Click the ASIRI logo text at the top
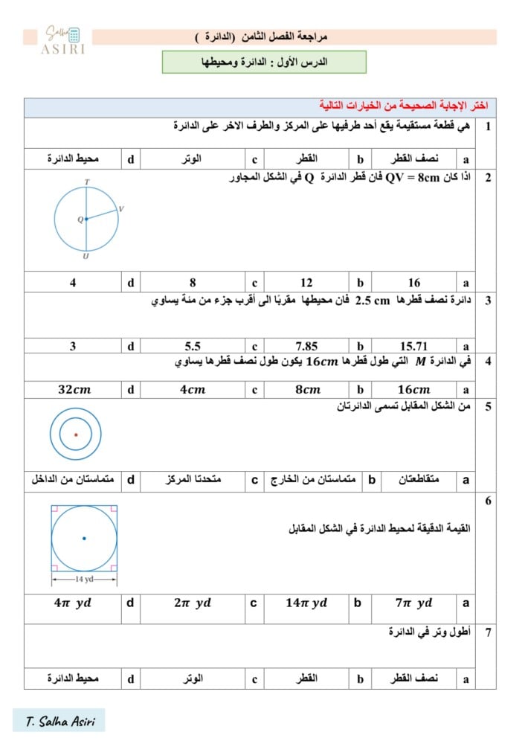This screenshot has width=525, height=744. pos(63,48)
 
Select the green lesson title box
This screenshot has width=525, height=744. pos(264,62)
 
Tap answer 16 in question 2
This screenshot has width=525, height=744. pos(414,283)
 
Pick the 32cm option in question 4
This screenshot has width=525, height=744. pos(74,389)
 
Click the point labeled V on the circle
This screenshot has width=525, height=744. pos(120,209)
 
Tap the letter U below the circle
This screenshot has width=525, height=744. pos(86,256)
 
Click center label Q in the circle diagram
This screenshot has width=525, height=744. pos(80,219)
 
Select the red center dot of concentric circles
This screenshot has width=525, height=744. pos(76,434)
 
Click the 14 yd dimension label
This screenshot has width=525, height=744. pos(83,578)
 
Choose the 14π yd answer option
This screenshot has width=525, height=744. pos(306,603)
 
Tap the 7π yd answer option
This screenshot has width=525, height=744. pos(414,603)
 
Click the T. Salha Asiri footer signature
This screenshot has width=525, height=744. pos(59,721)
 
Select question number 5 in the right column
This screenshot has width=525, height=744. pos(488,407)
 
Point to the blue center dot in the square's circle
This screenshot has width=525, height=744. pos(84,538)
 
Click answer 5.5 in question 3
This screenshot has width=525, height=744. pos(193,346)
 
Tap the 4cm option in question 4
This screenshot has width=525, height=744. pos(193,389)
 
